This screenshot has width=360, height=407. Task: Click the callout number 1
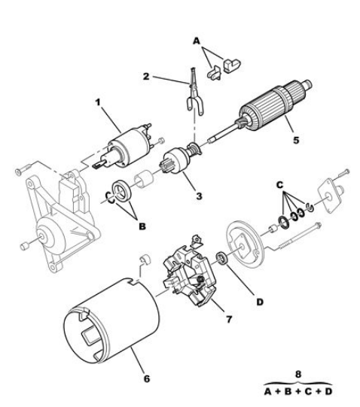(x=98, y=102)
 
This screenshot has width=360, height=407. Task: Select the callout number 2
(x=146, y=77)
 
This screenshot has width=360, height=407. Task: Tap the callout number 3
(x=199, y=196)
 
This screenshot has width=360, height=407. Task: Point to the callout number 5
(x=296, y=140)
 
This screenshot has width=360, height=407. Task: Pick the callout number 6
(x=147, y=378)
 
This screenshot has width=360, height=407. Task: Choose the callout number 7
(x=229, y=319)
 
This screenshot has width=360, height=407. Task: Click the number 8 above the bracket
(x=298, y=375)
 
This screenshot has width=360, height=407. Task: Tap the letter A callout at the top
(x=197, y=41)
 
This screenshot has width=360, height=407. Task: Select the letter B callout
(x=142, y=226)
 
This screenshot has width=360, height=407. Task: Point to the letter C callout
(x=279, y=185)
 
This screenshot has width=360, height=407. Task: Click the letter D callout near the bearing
(x=260, y=302)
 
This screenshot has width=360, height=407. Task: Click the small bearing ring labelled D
(x=222, y=258)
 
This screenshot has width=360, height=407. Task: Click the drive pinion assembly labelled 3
(x=179, y=159)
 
